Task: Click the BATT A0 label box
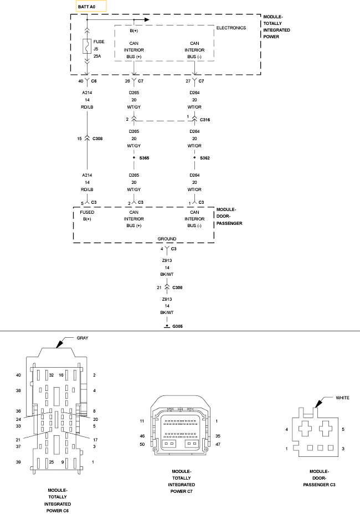tap(91, 7)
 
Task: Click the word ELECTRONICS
tap(231, 28)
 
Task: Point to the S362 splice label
tap(204, 158)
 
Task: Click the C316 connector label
tap(205, 120)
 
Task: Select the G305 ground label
tap(177, 327)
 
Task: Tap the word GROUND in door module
tap(167, 239)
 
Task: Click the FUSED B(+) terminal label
tap(87, 215)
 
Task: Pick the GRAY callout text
tap(83, 338)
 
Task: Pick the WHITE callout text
tap(343, 398)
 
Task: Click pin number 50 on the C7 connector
tap(142, 444)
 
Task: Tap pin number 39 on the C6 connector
tap(18, 461)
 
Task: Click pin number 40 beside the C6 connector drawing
tap(18, 375)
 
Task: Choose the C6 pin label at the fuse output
tap(94, 81)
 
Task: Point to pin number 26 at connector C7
tap(128, 81)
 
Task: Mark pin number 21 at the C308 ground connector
tap(159, 288)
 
